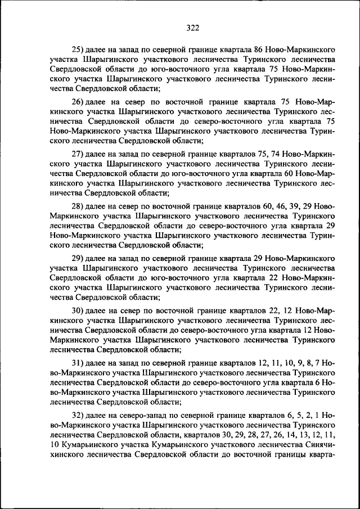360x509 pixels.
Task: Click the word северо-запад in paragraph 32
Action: [143, 415]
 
